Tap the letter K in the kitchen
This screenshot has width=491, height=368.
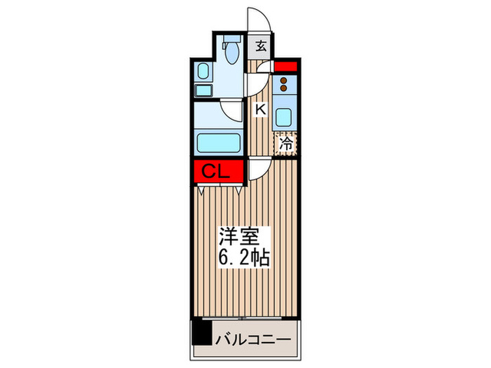tap(260, 109)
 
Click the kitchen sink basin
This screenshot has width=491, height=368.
tap(285, 116)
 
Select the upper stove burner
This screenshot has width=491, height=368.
tap(284, 80)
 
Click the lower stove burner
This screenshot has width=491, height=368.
tap(284, 89)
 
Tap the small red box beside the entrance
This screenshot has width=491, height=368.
tap(286, 67)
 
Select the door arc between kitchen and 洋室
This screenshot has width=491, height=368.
tap(256, 167)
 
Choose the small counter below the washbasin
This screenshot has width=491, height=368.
tap(202, 90)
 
